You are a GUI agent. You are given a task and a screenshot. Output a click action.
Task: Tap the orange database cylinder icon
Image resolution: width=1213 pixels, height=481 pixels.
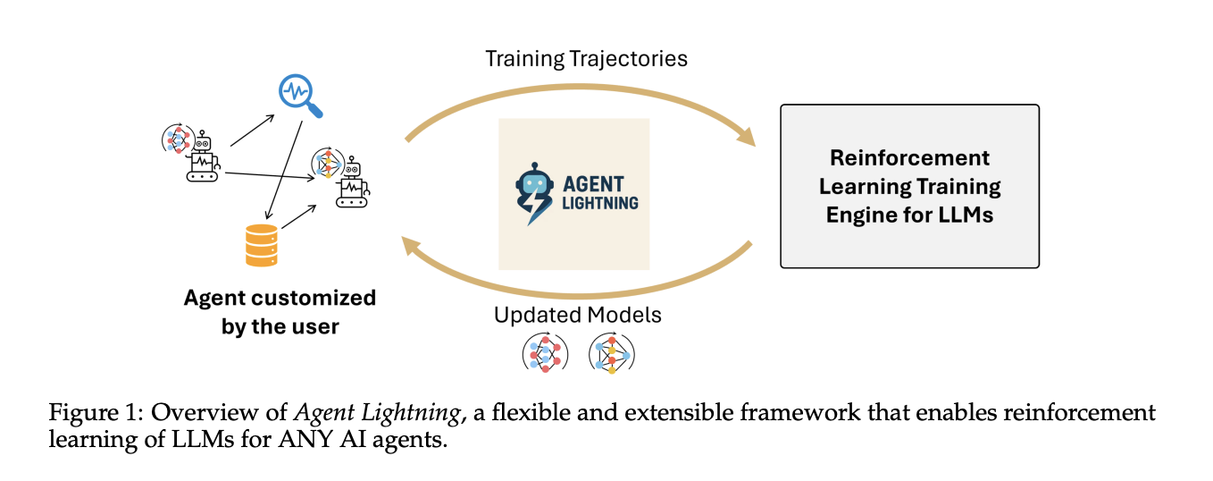pos(262,245)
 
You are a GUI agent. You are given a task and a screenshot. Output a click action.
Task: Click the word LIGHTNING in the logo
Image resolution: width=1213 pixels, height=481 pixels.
pos(600,203)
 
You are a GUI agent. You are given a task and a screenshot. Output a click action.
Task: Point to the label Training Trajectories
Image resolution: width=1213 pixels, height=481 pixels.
pos(586,59)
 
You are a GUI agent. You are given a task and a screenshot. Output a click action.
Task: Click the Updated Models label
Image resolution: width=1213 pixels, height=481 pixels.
pos(577,316)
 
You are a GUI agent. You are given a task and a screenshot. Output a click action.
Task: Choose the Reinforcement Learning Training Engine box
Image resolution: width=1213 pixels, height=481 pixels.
pos(909,186)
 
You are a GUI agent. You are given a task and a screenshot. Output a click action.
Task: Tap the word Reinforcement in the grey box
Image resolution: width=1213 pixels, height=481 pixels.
pos(909,158)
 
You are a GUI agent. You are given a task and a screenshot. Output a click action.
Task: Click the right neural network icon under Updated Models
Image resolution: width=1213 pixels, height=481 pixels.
pos(612,352)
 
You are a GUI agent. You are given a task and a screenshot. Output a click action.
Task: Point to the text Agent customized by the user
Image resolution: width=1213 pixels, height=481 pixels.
pos(280,311)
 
